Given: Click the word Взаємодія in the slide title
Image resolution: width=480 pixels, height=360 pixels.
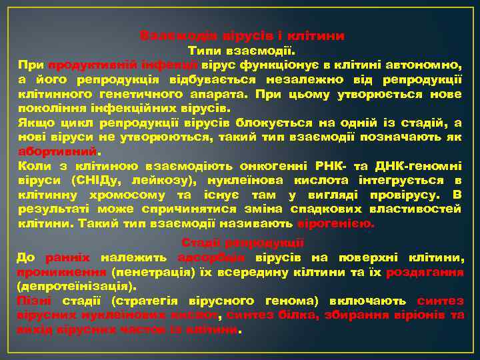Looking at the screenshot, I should [171, 35].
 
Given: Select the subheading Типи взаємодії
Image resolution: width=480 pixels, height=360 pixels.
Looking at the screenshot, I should [242, 51].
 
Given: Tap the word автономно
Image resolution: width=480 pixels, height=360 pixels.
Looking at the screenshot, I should [427, 65].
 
